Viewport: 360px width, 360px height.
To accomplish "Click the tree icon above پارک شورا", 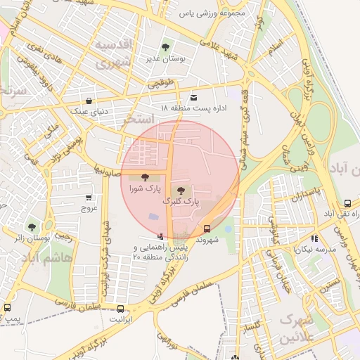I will (x=145, y=177).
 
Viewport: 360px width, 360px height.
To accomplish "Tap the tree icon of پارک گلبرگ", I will (x=181, y=189).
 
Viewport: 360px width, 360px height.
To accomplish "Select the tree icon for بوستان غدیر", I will (x=165, y=47).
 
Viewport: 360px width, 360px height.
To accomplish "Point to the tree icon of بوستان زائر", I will (x=31, y=227).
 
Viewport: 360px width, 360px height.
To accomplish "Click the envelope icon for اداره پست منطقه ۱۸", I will (x=193, y=97).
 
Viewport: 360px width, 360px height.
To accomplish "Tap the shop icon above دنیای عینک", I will (x=88, y=101).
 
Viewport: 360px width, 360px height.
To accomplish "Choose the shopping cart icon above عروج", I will (x=89, y=198).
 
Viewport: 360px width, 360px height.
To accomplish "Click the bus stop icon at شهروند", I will (x=207, y=229).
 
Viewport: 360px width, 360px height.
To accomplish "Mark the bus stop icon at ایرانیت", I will (x=120, y=309).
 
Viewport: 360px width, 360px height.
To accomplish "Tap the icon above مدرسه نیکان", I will (x=314, y=238).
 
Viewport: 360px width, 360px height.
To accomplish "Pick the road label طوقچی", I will (x=160, y=84).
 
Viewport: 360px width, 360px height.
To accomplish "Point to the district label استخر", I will (x=139, y=120).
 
